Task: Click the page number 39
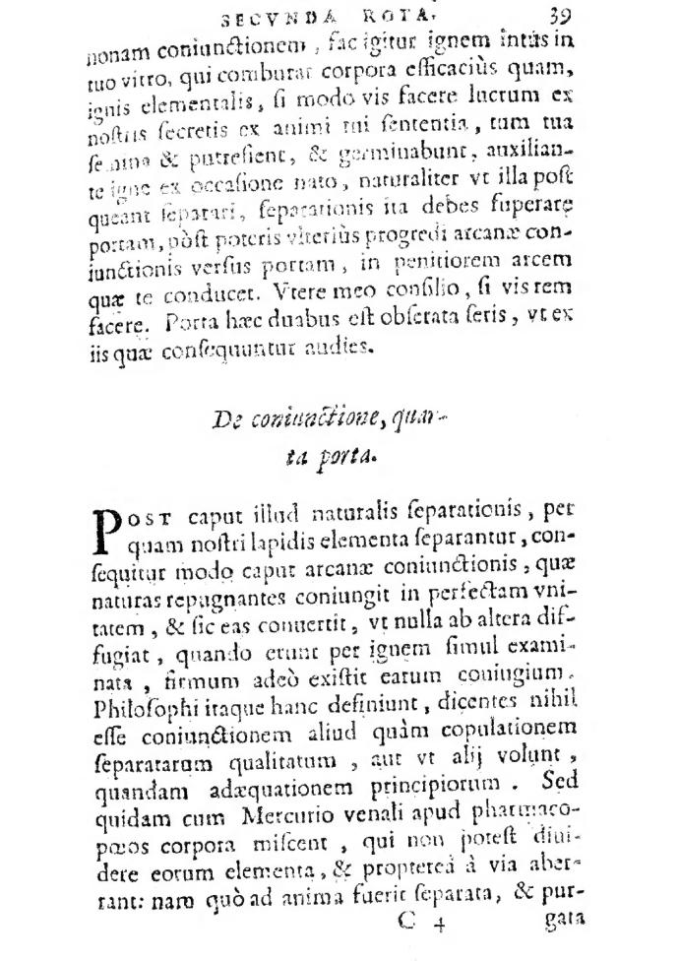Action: point(562,15)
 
